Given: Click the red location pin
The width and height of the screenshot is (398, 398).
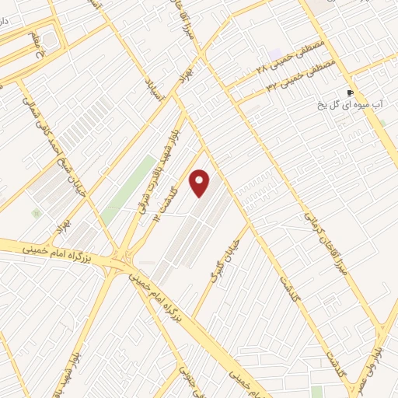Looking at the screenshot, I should [x=201, y=183].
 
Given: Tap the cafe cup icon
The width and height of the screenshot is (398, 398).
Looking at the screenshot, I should [x=350, y=93].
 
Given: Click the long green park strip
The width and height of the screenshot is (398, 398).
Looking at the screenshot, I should [x=128, y=184].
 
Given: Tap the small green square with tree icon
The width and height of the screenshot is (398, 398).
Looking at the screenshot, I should [x=35, y=212].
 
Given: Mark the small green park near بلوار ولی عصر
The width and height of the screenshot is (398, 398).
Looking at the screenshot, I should [x=316, y=391].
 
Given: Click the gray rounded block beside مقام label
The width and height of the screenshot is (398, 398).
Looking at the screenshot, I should [x=49, y=38].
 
